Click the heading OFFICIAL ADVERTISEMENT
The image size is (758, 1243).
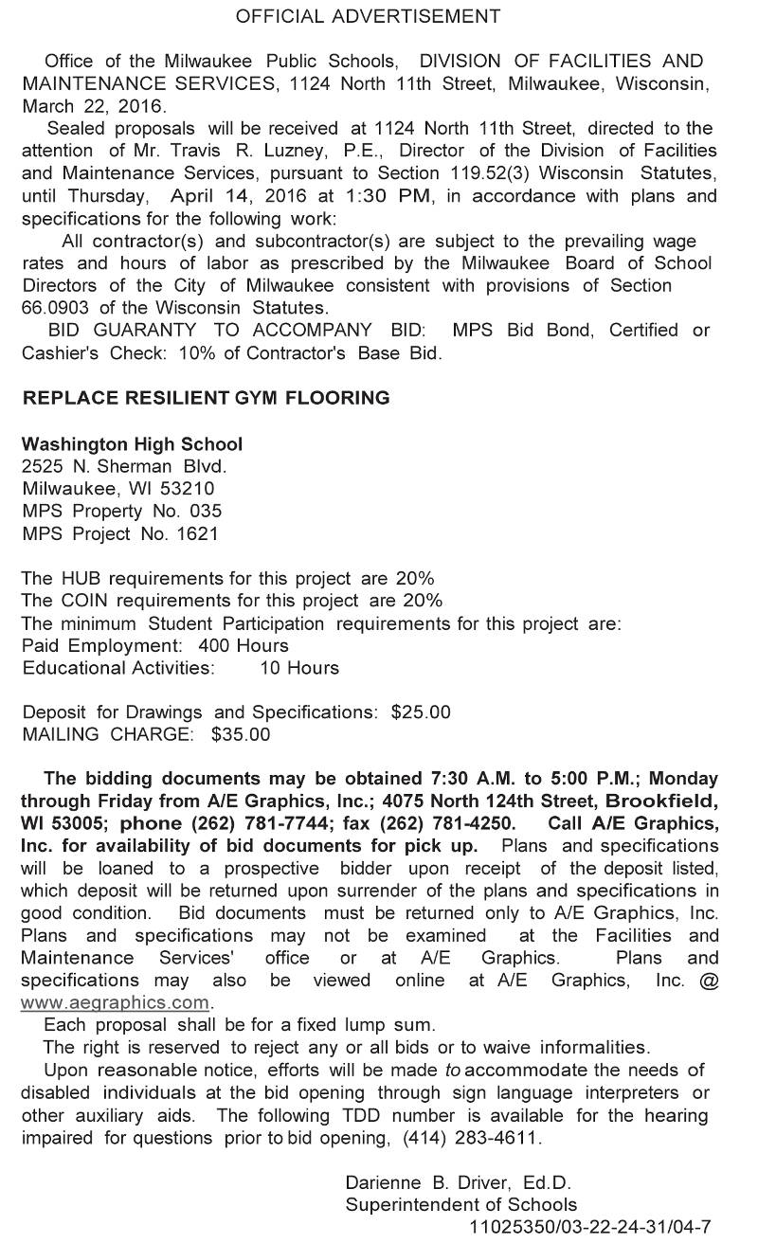(368, 16)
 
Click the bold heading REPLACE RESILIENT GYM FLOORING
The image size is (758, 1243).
(206, 398)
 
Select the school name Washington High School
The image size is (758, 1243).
(132, 443)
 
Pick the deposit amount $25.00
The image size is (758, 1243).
(421, 712)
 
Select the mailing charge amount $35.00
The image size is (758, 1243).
(241, 733)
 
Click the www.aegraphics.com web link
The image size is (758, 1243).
(115, 1002)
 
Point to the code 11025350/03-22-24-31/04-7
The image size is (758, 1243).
(589, 1227)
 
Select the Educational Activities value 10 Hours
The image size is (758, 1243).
(298, 667)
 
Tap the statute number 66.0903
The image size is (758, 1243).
(56, 308)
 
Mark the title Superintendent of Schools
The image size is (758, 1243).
(460, 1205)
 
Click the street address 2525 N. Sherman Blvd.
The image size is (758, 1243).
(124, 466)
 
